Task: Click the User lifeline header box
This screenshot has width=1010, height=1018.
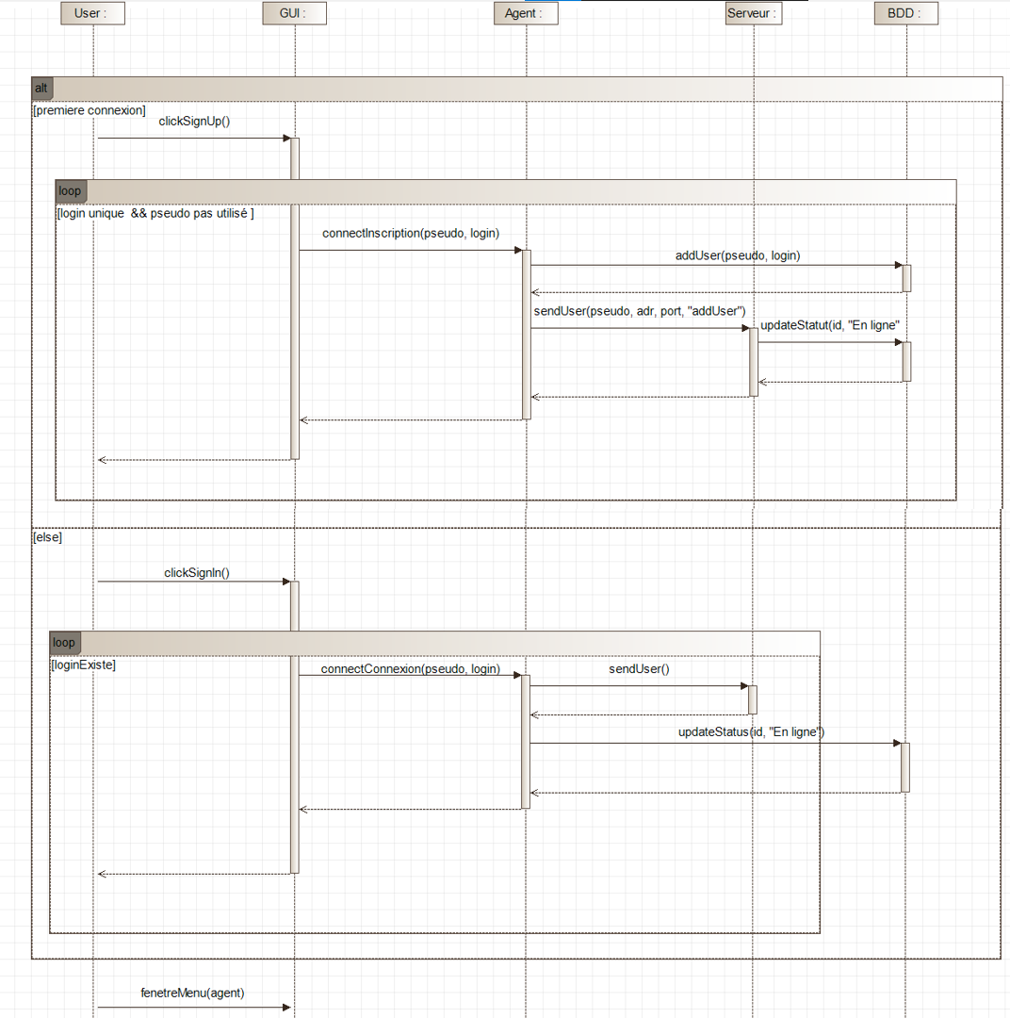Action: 93,13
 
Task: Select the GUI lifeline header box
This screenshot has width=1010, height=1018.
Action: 295,13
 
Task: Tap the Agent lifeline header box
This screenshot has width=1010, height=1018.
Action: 526,13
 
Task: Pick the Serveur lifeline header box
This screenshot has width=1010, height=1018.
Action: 754,13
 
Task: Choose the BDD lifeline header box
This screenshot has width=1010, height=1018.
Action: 906,13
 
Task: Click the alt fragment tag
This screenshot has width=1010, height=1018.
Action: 41,89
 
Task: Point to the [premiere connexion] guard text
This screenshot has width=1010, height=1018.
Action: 90,110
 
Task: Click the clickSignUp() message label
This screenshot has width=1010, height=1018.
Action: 194,122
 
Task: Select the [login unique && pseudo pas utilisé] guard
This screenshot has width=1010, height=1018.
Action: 155,213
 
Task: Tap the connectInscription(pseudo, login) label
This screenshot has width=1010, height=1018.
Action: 411,233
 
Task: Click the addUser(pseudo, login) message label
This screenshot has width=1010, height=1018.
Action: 738,255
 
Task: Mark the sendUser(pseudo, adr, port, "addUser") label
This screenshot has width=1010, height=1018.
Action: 640,311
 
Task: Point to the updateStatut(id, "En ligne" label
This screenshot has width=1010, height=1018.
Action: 829,325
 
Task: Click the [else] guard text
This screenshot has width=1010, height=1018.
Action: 47,537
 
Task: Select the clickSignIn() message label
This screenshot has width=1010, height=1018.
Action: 197,573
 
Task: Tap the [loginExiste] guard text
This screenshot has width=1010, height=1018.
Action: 83,665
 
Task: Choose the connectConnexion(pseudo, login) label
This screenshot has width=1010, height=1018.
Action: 410,668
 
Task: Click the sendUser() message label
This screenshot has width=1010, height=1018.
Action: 639,668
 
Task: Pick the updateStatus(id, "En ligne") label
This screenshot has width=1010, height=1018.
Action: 751,731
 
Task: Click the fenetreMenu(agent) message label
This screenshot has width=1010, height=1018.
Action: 192,993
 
